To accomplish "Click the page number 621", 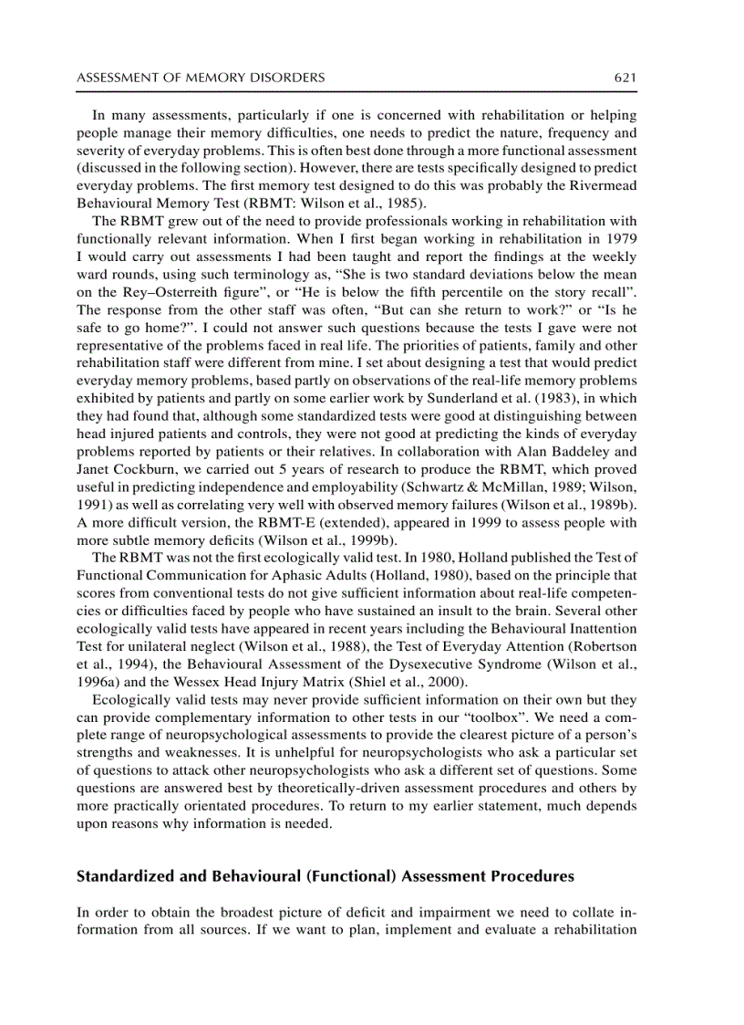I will (625, 78).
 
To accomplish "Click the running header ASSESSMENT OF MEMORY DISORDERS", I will (201, 78).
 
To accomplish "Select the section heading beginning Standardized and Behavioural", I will (325, 876).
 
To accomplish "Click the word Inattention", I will (599, 629).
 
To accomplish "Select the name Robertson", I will (604, 647).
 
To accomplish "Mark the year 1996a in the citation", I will (96, 682).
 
